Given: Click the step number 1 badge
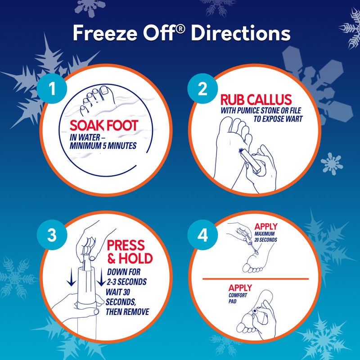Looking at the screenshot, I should (x=52, y=89).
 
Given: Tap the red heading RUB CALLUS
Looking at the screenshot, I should (x=256, y=99).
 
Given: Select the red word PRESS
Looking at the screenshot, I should (x=126, y=246).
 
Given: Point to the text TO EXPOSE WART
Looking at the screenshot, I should (x=277, y=119).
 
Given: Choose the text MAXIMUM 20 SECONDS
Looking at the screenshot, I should (x=265, y=237).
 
